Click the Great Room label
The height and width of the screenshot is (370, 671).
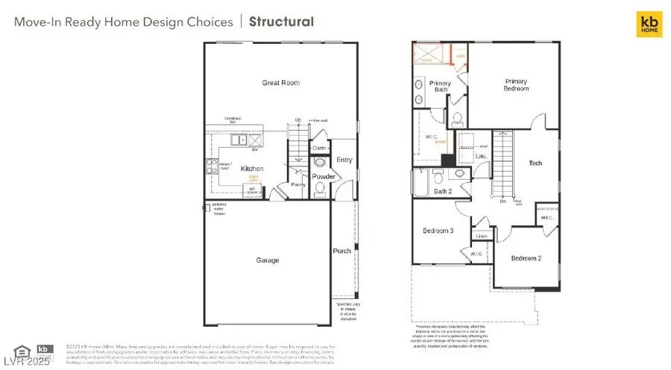[x=280, y=83]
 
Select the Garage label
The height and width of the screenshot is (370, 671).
[x=268, y=260]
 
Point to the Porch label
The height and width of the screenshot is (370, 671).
[x=341, y=251]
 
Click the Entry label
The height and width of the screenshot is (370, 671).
[x=344, y=160]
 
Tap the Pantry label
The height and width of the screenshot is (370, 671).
[x=299, y=184]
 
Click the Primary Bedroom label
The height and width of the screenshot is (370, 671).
[x=516, y=85]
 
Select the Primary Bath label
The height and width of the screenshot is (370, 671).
[x=440, y=87]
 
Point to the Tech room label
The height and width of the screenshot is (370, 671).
[x=535, y=163]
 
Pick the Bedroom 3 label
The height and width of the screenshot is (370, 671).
[x=439, y=231]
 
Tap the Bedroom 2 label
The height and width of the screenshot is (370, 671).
[x=526, y=258]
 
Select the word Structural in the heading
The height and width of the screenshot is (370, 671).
[x=281, y=22]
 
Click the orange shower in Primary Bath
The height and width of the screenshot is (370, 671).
[x=430, y=56]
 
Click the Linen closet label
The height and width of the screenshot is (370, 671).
[x=482, y=236]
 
